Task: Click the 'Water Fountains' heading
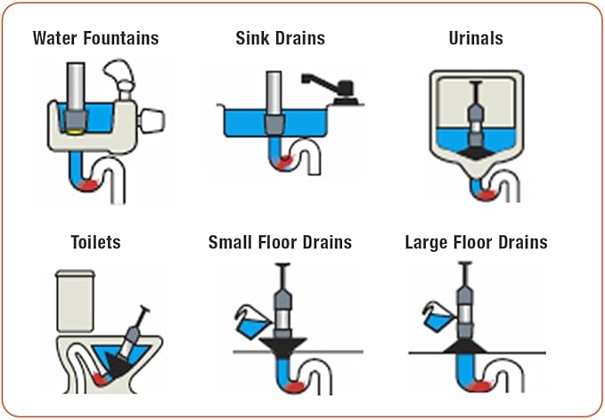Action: [95, 38]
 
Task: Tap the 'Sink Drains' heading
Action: [280, 38]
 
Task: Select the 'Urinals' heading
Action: [477, 38]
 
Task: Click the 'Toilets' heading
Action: [95, 241]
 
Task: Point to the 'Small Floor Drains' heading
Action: [280, 241]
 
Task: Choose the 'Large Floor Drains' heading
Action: [476, 241]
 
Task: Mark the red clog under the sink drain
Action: [282, 163]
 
